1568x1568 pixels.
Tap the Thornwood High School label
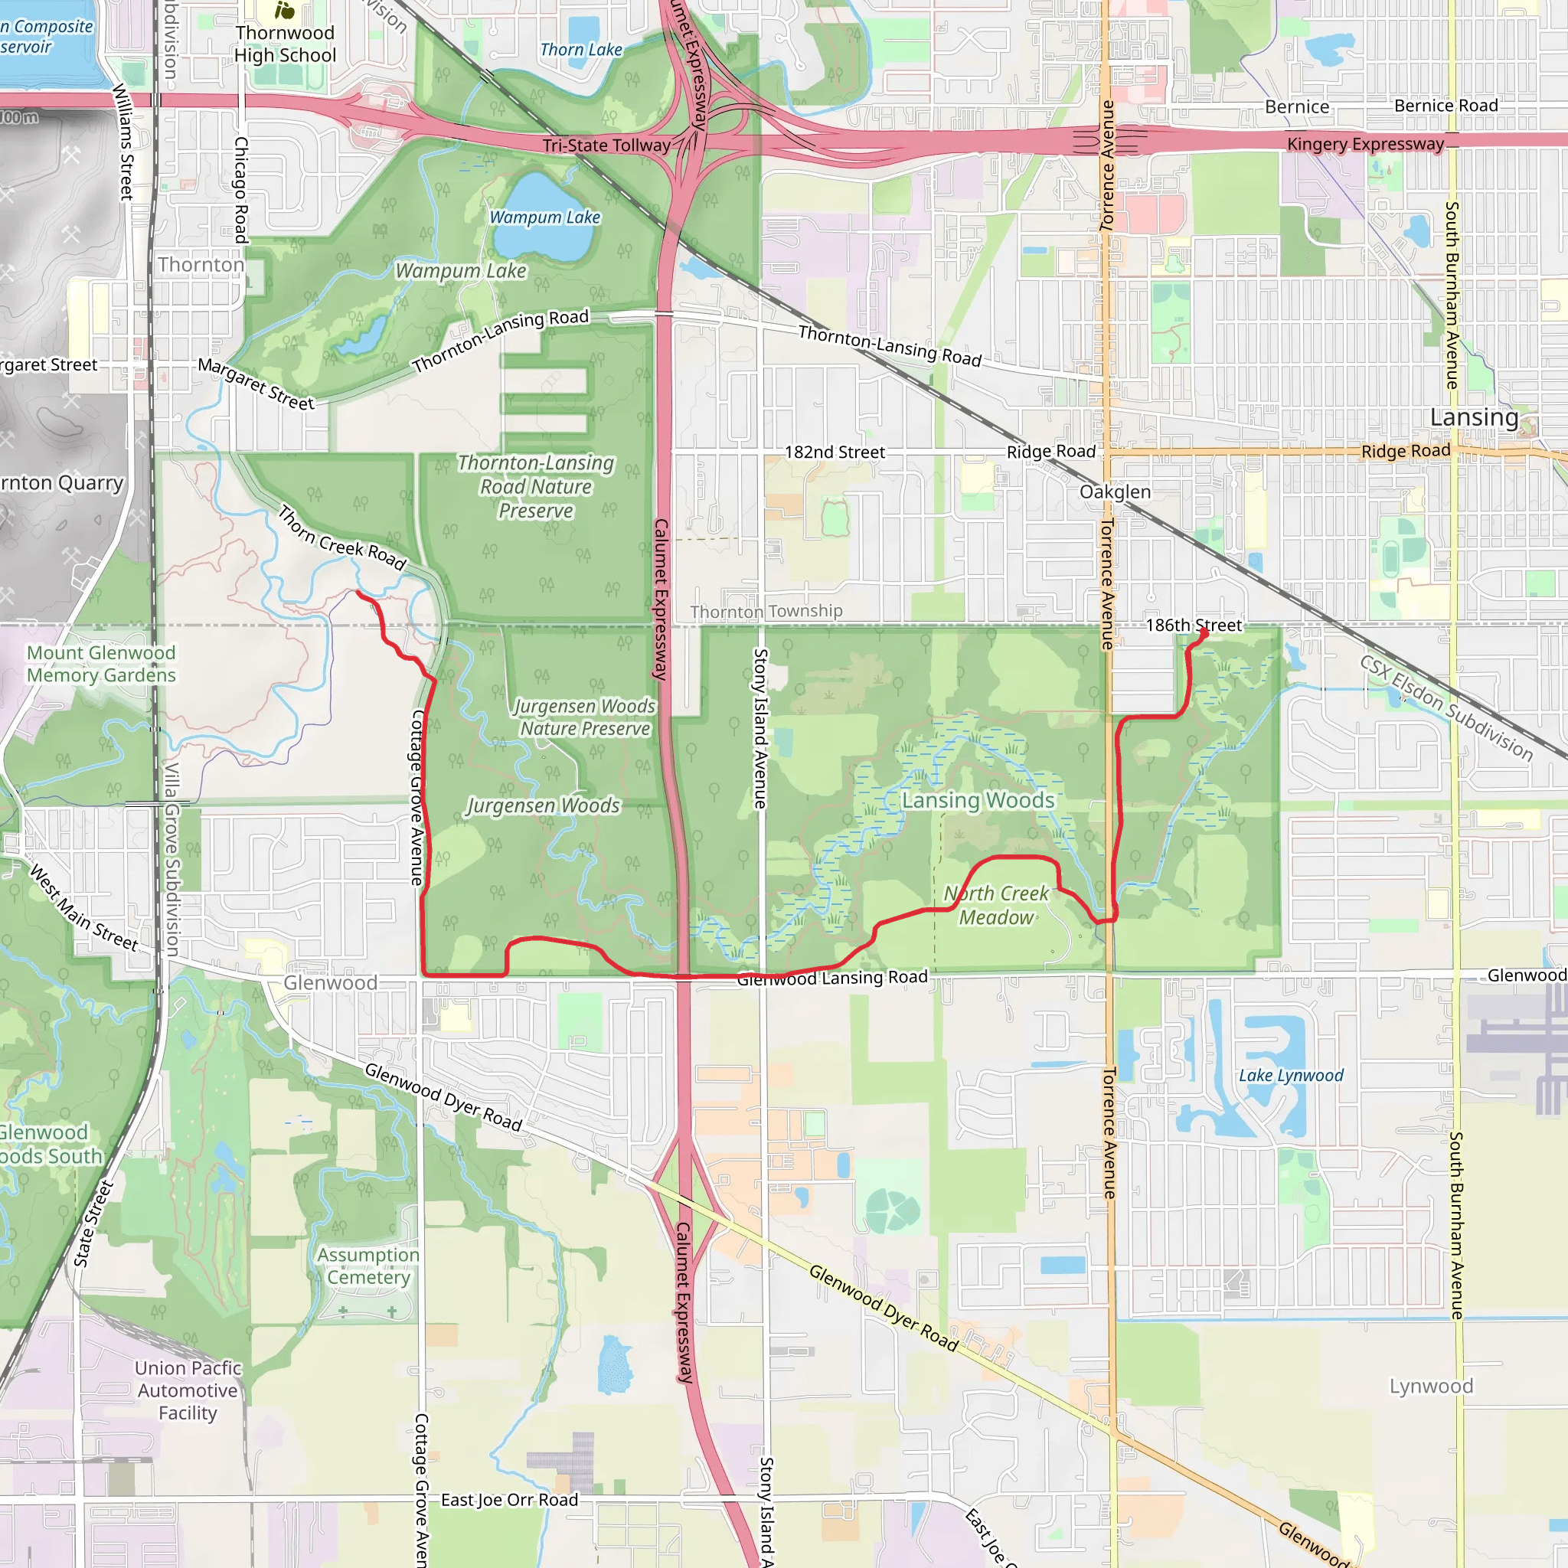[285, 44]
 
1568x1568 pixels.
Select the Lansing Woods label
[978, 800]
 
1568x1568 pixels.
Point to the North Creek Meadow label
[997, 905]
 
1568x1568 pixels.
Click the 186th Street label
[1194, 625]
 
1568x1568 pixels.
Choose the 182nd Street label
[835, 452]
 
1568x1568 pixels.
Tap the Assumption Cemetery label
[368, 1266]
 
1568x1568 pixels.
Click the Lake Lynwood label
[1290, 1076]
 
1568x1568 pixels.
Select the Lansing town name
[1474, 417]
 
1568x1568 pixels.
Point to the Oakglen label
[1114, 492]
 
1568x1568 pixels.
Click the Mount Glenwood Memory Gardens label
[102, 664]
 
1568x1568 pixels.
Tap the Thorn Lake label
[581, 50]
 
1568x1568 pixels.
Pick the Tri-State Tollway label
[606, 145]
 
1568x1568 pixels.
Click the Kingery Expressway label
[1365, 145]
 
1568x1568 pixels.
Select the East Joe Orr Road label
[510, 1500]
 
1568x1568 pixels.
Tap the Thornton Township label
[766, 611]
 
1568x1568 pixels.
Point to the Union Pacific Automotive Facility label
[188, 1390]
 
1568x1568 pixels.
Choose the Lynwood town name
[1431, 1387]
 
